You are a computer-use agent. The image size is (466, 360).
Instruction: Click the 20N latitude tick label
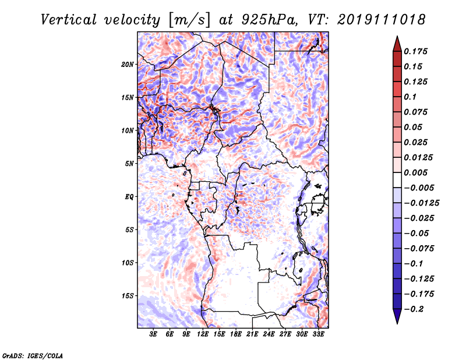[x=128, y=64]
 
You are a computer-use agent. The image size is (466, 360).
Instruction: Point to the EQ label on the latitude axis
[x=129, y=197]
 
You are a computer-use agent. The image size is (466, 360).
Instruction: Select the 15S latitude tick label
[x=128, y=296]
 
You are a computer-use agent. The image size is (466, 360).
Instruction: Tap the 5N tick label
[x=129, y=164]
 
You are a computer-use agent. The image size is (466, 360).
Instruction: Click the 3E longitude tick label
[x=154, y=334]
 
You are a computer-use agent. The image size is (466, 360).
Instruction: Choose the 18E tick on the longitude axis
[x=236, y=334]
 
